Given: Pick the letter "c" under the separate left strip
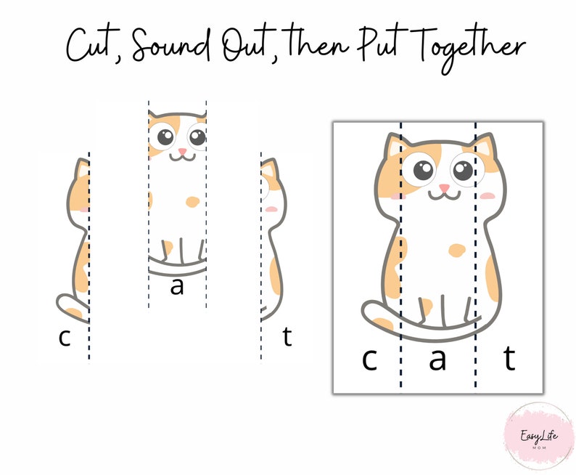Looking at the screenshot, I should point(65,338).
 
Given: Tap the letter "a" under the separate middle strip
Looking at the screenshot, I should point(176,287).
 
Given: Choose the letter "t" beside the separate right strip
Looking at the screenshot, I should point(287,337).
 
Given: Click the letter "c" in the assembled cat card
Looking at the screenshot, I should point(369,359).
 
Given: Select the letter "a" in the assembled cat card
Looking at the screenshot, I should point(437,359).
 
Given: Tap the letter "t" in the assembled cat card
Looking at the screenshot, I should point(510,359).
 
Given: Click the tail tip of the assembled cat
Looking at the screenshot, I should point(372,312).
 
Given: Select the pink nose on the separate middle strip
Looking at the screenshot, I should point(182,151).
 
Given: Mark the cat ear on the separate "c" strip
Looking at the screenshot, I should point(82,170).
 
